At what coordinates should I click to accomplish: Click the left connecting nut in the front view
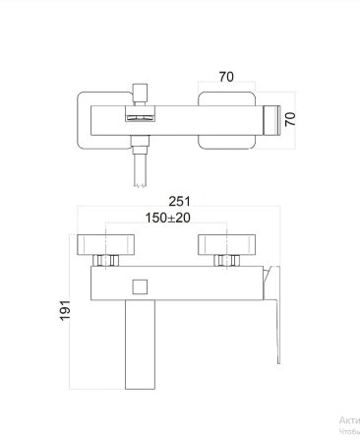[106, 261]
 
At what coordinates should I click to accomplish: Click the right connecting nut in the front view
[229, 261]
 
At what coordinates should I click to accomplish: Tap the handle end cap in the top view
[276, 117]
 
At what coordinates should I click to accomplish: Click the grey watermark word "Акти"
[348, 418]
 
